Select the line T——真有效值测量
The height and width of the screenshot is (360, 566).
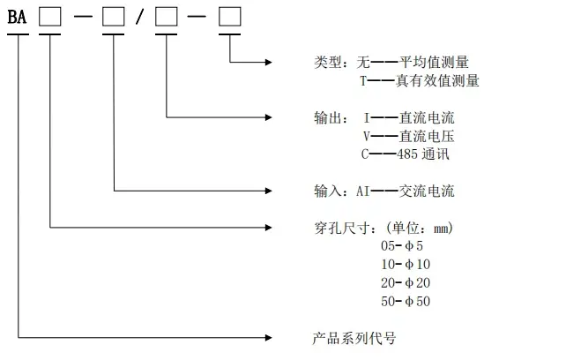click(x=419, y=81)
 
